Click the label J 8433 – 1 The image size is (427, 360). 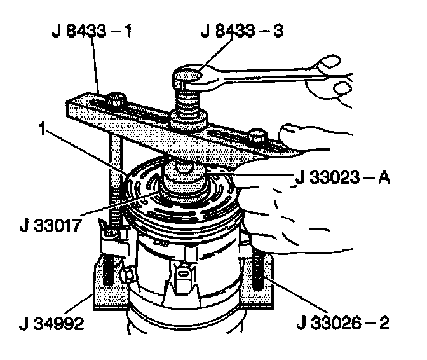(89, 31)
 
